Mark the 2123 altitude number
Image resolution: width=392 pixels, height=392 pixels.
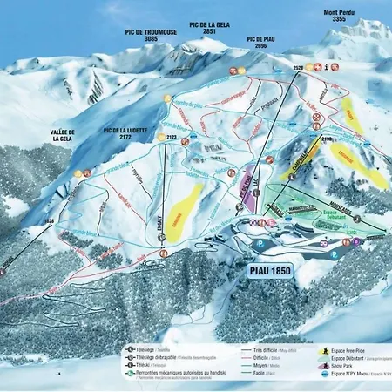click(172, 137)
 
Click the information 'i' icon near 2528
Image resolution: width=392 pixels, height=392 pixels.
click(325, 65)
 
